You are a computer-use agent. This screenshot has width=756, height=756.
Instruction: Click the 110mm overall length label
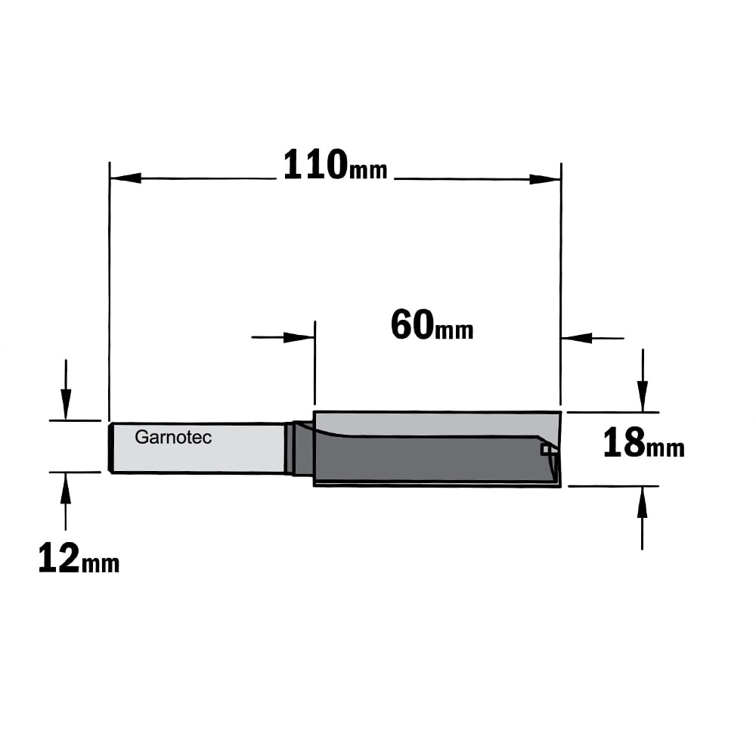click(x=335, y=166)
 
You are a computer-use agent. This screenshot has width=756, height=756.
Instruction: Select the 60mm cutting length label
click(x=432, y=325)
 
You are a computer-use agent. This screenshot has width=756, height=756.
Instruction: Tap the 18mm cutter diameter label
click(x=643, y=442)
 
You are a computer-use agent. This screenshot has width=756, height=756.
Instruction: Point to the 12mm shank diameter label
click(x=79, y=558)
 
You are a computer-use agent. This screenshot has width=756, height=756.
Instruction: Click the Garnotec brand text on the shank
click(x=173, y=437)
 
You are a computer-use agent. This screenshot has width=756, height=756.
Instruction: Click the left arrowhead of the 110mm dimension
click(x=125, y=178)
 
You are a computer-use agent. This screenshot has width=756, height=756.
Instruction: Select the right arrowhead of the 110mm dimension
click(x=545, y=179)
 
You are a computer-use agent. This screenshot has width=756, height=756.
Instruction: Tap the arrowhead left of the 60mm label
click(x=299, y=337)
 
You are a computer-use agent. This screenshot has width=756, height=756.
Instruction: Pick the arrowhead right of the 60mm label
click(x=577, y=338)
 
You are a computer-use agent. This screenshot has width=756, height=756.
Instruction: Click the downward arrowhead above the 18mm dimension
click(x=642, y=396)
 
